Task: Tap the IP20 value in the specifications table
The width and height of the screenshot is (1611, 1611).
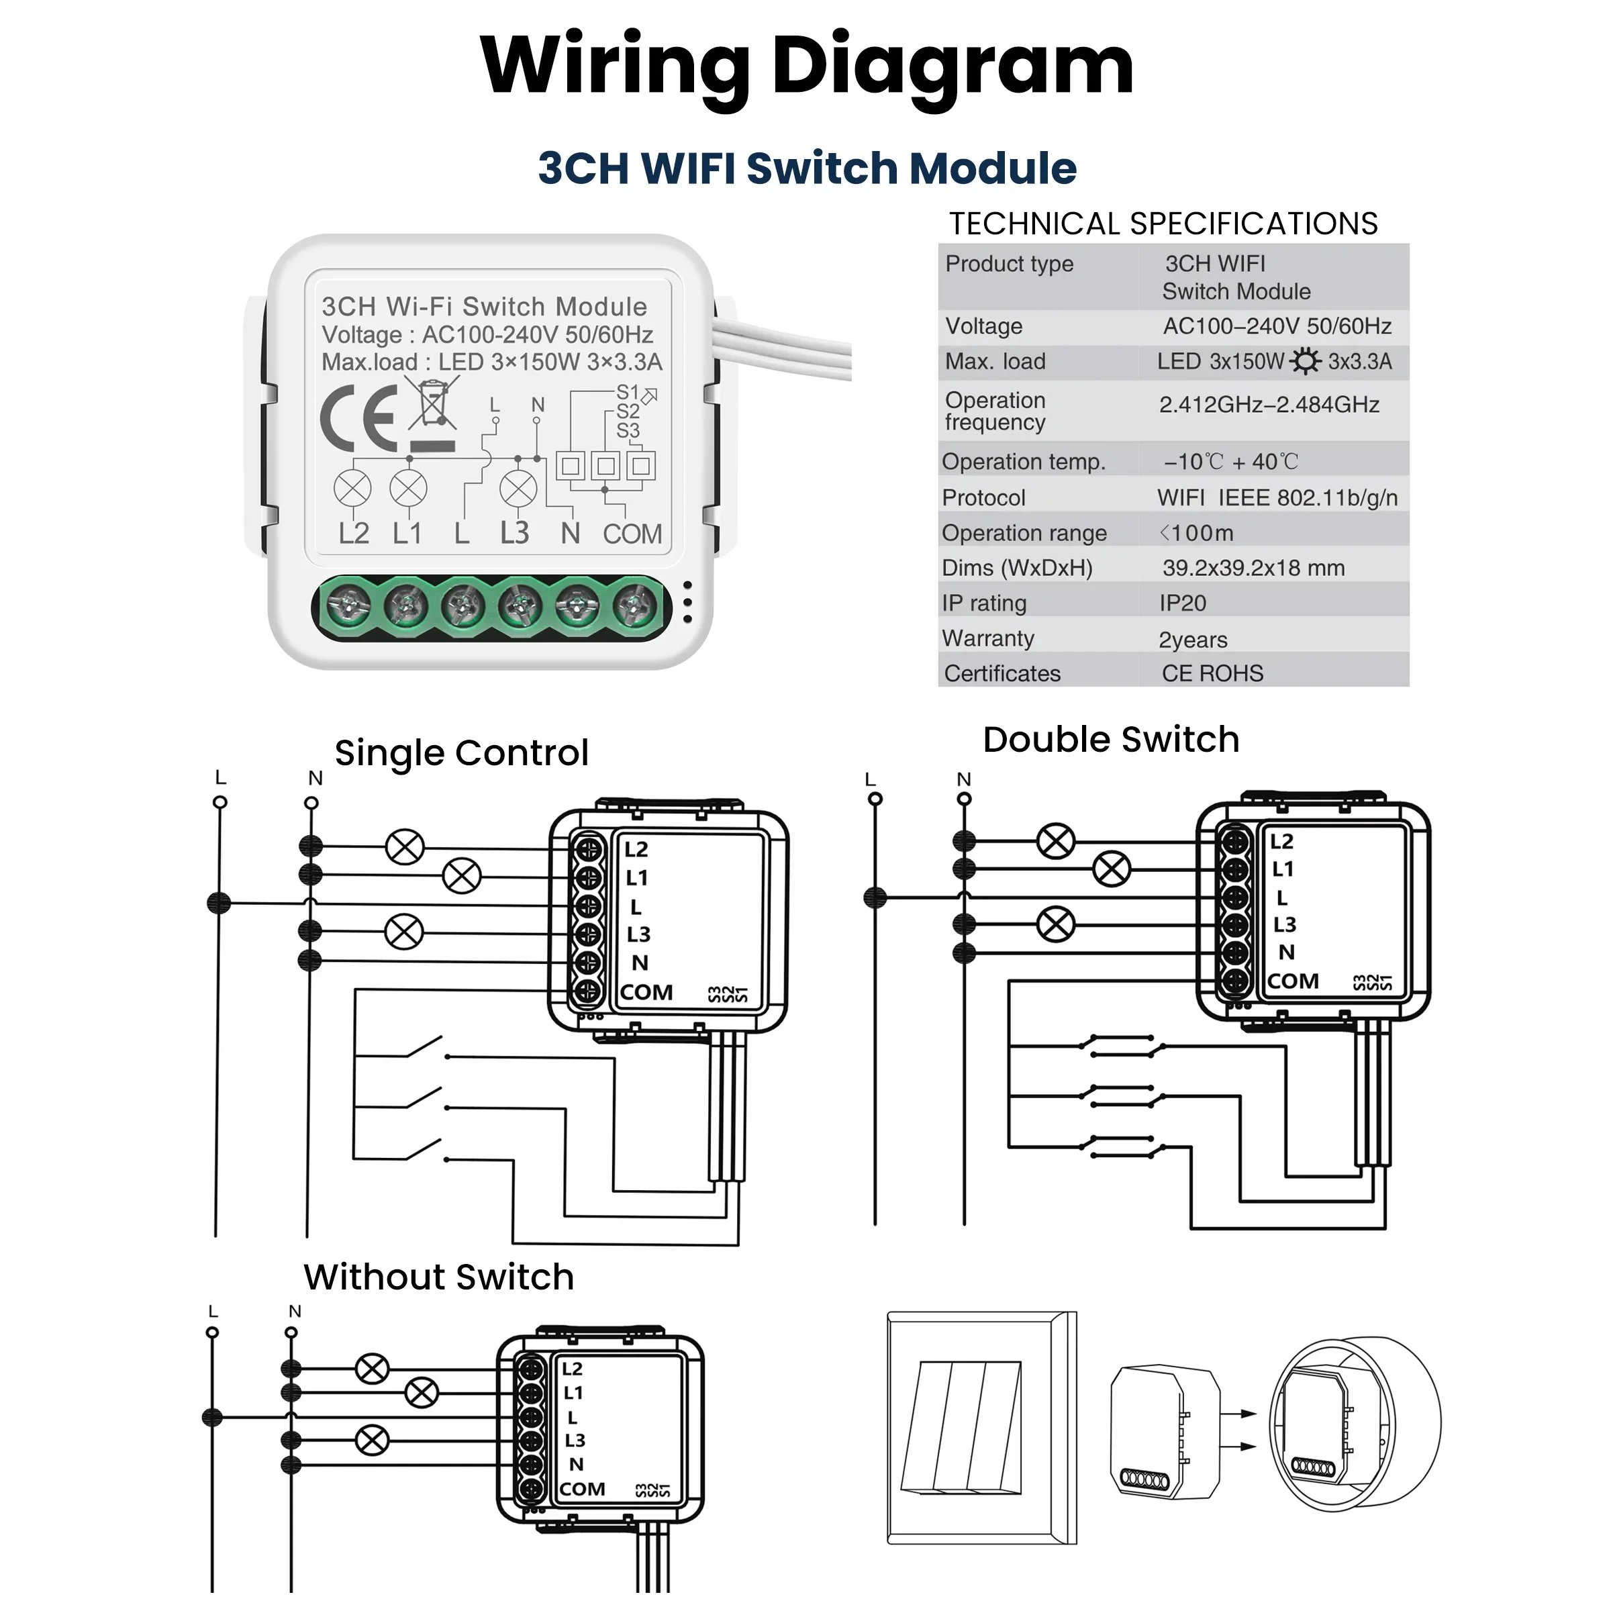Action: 1182,603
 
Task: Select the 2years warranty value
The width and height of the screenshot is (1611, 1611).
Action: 1192,640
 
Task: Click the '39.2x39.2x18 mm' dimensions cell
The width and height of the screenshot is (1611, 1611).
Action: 1253,568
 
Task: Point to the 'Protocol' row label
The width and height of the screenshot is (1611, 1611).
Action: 983,498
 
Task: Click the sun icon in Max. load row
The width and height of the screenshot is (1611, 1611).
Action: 1305,361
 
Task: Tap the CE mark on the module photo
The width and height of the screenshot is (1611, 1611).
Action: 358,419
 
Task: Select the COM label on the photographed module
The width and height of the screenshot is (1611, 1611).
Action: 632,534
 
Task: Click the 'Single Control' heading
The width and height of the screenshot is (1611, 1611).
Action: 461,753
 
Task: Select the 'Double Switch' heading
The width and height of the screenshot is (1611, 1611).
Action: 1111,740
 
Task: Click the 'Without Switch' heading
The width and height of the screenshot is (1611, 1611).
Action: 438,1277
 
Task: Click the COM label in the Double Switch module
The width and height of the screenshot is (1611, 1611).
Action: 1292,981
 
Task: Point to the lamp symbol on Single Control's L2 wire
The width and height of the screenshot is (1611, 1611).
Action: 405,847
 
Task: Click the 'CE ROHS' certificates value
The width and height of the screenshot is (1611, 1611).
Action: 1212,674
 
